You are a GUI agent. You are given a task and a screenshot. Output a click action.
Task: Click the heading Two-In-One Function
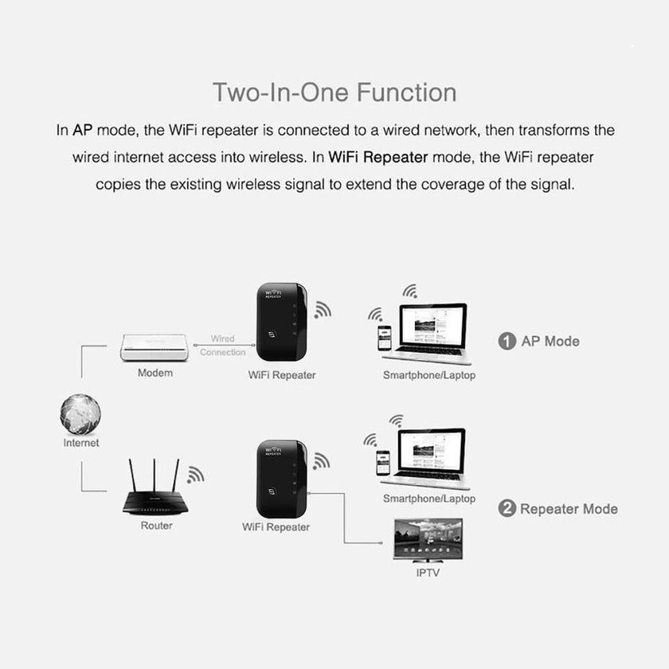click(334, 92)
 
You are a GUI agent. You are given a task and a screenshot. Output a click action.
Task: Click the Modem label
click(155, 373)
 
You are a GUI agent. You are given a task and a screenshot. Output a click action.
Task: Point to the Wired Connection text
click(223, 346)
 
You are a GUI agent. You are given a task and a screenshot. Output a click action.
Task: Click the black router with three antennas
click(157, 499)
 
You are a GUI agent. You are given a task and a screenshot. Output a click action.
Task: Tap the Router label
click(156, 526)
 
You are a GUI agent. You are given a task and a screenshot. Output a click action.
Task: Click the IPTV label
click(428, 573)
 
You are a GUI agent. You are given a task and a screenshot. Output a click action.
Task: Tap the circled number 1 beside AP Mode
click(507, 342)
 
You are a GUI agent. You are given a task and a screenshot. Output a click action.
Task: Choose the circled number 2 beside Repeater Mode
click(507, 509)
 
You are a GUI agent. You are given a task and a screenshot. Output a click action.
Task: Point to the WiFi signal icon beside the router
click(195, 475)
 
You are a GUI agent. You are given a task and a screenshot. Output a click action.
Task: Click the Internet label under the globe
click(81, 443)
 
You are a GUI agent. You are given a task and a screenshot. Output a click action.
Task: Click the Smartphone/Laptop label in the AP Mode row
click(428, 375)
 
